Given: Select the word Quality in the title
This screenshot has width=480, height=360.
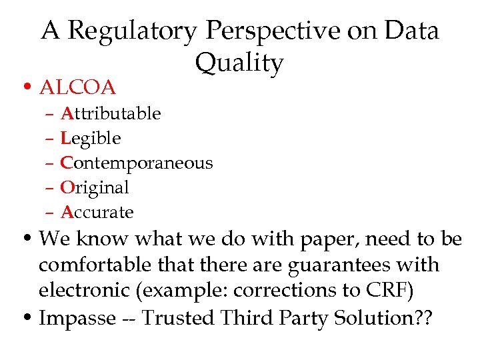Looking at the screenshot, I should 239,63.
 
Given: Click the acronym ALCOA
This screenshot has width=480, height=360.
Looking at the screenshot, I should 78,87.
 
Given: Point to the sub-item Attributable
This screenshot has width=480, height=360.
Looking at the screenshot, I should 111,114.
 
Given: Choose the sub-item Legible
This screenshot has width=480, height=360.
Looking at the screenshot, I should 91,139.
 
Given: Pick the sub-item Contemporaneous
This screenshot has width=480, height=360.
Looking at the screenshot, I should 137,163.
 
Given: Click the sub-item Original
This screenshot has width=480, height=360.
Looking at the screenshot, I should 95,188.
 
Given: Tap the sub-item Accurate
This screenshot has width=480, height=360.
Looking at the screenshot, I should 97,213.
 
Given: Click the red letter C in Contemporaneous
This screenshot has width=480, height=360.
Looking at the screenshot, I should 67,163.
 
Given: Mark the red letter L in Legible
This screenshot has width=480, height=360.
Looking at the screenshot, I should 65,139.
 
